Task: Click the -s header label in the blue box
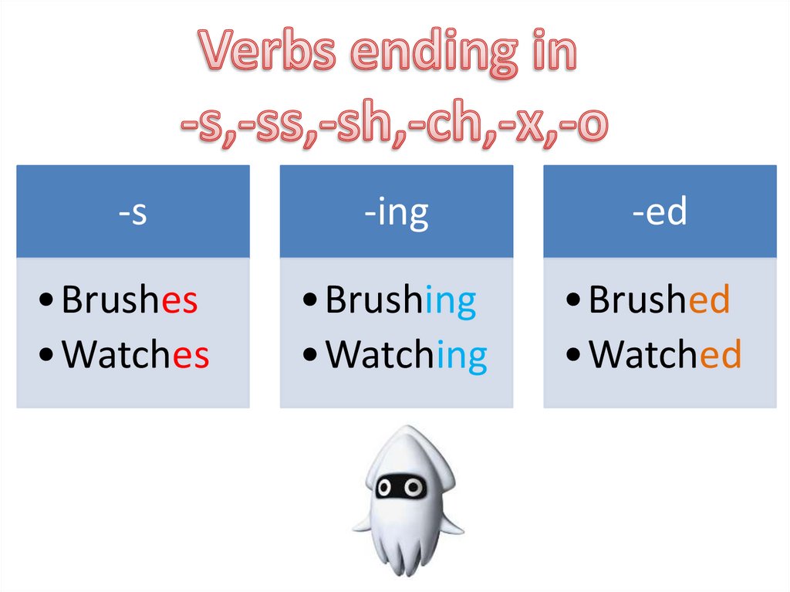point(133,212)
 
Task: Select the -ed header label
point(660,212)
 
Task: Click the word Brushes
point(129,300)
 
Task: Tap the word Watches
point(135,354)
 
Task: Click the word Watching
point(406,356)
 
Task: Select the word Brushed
point(659,300)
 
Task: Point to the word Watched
point(664,354)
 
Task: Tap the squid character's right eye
point(414,487)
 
